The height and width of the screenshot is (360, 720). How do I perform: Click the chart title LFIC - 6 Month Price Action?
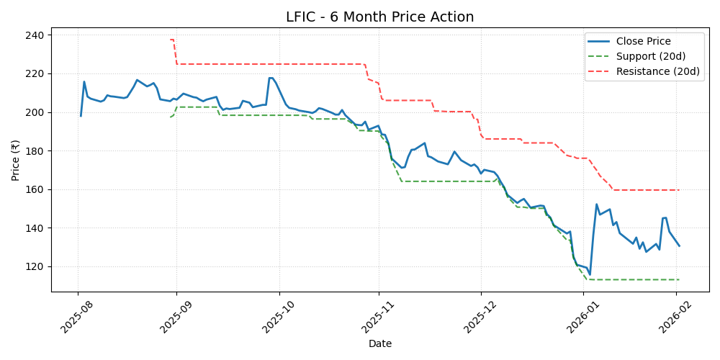point(379,17)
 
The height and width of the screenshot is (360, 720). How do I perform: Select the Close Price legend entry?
point(643,41)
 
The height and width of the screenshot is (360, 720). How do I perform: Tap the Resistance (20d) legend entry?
point(658,71)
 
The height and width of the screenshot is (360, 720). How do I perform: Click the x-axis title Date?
point(379,344)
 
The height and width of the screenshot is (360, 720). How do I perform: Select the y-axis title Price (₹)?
point(15,160)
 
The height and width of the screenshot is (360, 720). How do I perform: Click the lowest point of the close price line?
point(590,274)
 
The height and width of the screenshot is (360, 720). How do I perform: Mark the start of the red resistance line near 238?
point(170,40)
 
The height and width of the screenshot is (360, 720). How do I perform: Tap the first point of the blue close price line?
point(81,116)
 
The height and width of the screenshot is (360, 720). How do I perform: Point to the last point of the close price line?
point(679,246)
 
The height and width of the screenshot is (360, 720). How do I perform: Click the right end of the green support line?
point(679,279)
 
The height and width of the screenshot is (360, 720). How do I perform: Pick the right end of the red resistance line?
point(679,190)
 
